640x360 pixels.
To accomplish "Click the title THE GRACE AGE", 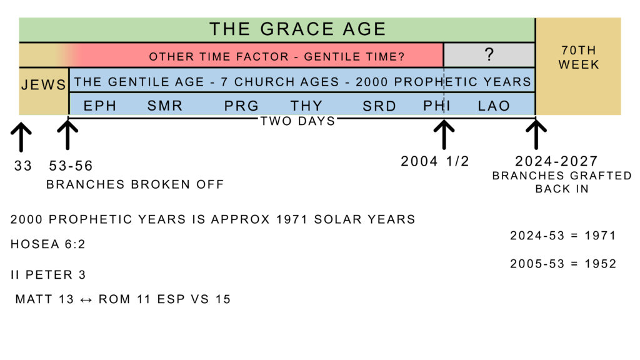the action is point(297,29).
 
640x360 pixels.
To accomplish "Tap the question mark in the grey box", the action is point(489,54).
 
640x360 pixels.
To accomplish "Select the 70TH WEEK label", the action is point(578,57).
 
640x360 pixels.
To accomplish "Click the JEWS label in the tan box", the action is point(43,84).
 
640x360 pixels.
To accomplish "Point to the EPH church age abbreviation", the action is point(100,106).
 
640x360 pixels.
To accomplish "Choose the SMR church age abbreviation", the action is point(164,106).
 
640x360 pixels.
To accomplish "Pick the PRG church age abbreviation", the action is point(241,106).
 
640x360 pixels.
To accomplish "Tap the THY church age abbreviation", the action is point(306,106).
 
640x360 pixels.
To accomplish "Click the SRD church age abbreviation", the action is point(379,106).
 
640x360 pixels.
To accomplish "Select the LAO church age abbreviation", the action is point(494,106).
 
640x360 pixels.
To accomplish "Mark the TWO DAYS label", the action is point(297,121).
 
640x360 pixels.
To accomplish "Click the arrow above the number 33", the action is point(21,137).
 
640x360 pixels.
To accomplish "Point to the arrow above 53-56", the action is point(67,134).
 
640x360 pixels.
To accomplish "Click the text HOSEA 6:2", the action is point(47,244).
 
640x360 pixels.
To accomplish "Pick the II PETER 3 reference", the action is point(48,275).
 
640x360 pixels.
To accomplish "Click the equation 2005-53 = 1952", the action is point(563,264).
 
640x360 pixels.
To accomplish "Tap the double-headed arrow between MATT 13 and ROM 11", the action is point(86,300).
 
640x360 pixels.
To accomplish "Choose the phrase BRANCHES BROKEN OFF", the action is point(135,184).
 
